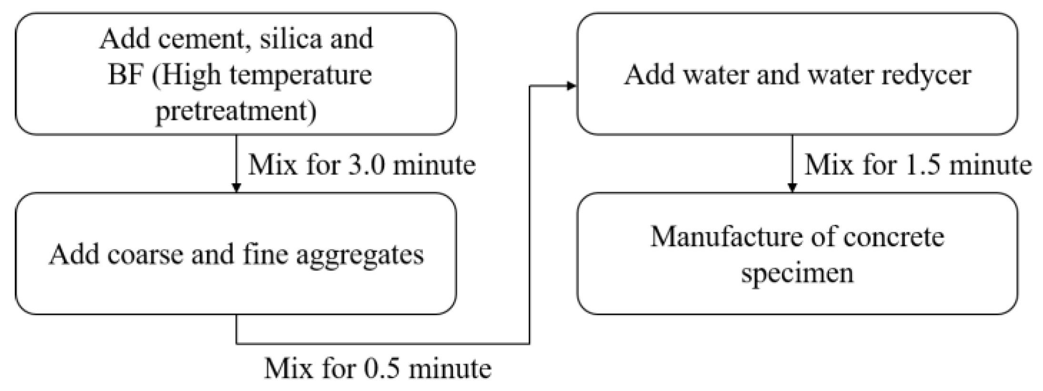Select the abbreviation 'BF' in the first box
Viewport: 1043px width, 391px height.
126,75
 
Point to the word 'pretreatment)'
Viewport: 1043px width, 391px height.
236,111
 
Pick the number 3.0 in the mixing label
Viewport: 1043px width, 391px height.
366,165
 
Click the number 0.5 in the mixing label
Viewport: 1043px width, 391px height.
381,369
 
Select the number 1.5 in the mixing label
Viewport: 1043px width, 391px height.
922,165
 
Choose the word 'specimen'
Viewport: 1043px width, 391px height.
797,273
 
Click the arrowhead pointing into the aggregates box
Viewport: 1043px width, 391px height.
236,188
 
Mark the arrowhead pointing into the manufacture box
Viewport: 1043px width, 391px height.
792,188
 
